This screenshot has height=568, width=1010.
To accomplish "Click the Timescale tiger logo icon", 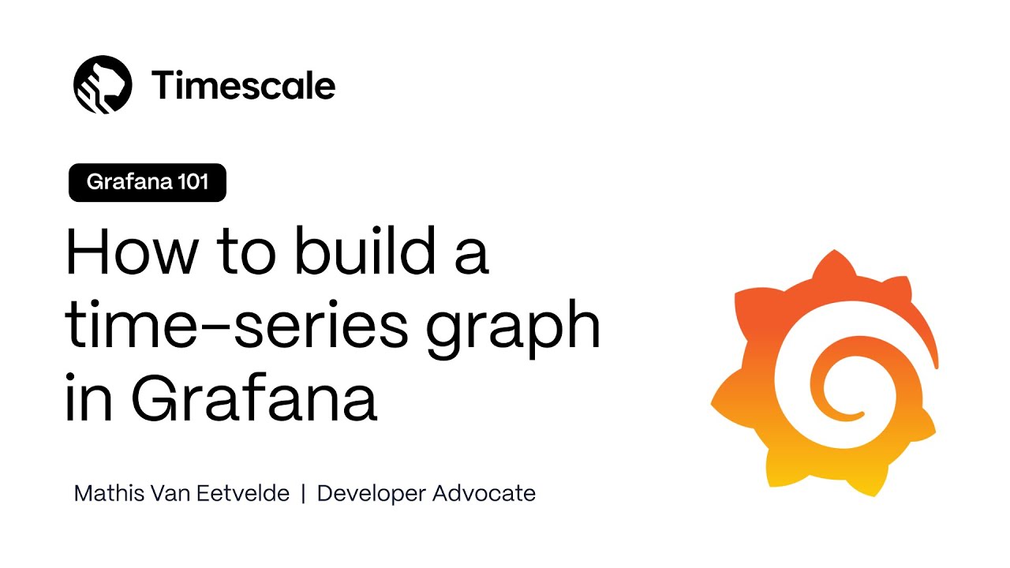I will (103, 84).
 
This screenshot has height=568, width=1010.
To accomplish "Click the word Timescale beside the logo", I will (244, 85).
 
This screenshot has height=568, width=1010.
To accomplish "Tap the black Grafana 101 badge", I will (148, 182).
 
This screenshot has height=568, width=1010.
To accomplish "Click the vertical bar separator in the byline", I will (303, 494).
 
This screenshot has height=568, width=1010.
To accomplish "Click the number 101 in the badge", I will (193, 182).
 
